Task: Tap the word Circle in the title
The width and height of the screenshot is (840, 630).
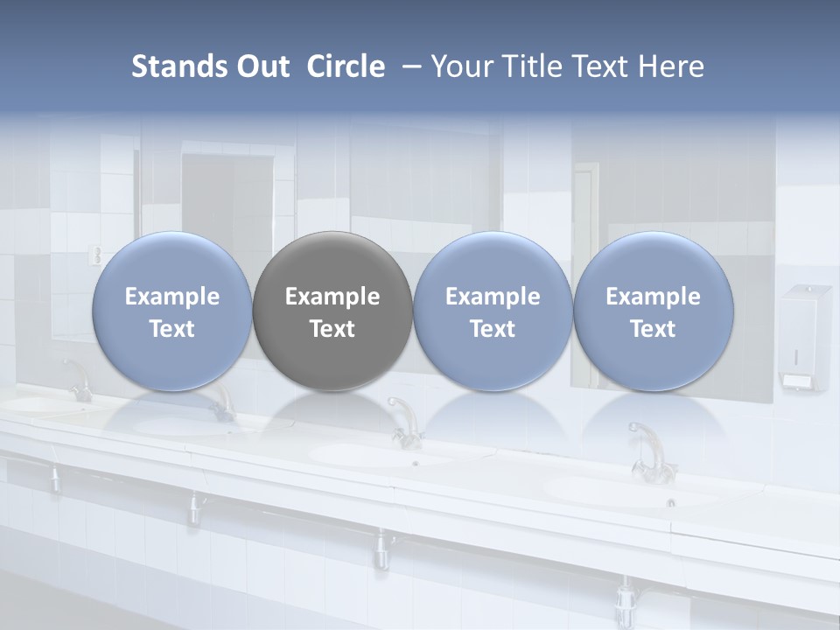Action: coord(346,66)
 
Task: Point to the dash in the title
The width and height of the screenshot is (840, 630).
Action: coord(409,66)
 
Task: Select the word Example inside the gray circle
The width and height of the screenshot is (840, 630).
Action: coord(332,297)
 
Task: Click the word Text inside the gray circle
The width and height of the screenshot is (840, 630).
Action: coord(332,329)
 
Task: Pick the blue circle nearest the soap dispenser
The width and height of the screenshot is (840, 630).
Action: coord(653,311)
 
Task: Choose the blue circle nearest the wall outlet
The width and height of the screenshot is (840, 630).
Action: coord(171,311)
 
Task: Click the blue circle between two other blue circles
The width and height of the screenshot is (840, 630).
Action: coord(493,311)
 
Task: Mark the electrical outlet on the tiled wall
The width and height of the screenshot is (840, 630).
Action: coord(97,255)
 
